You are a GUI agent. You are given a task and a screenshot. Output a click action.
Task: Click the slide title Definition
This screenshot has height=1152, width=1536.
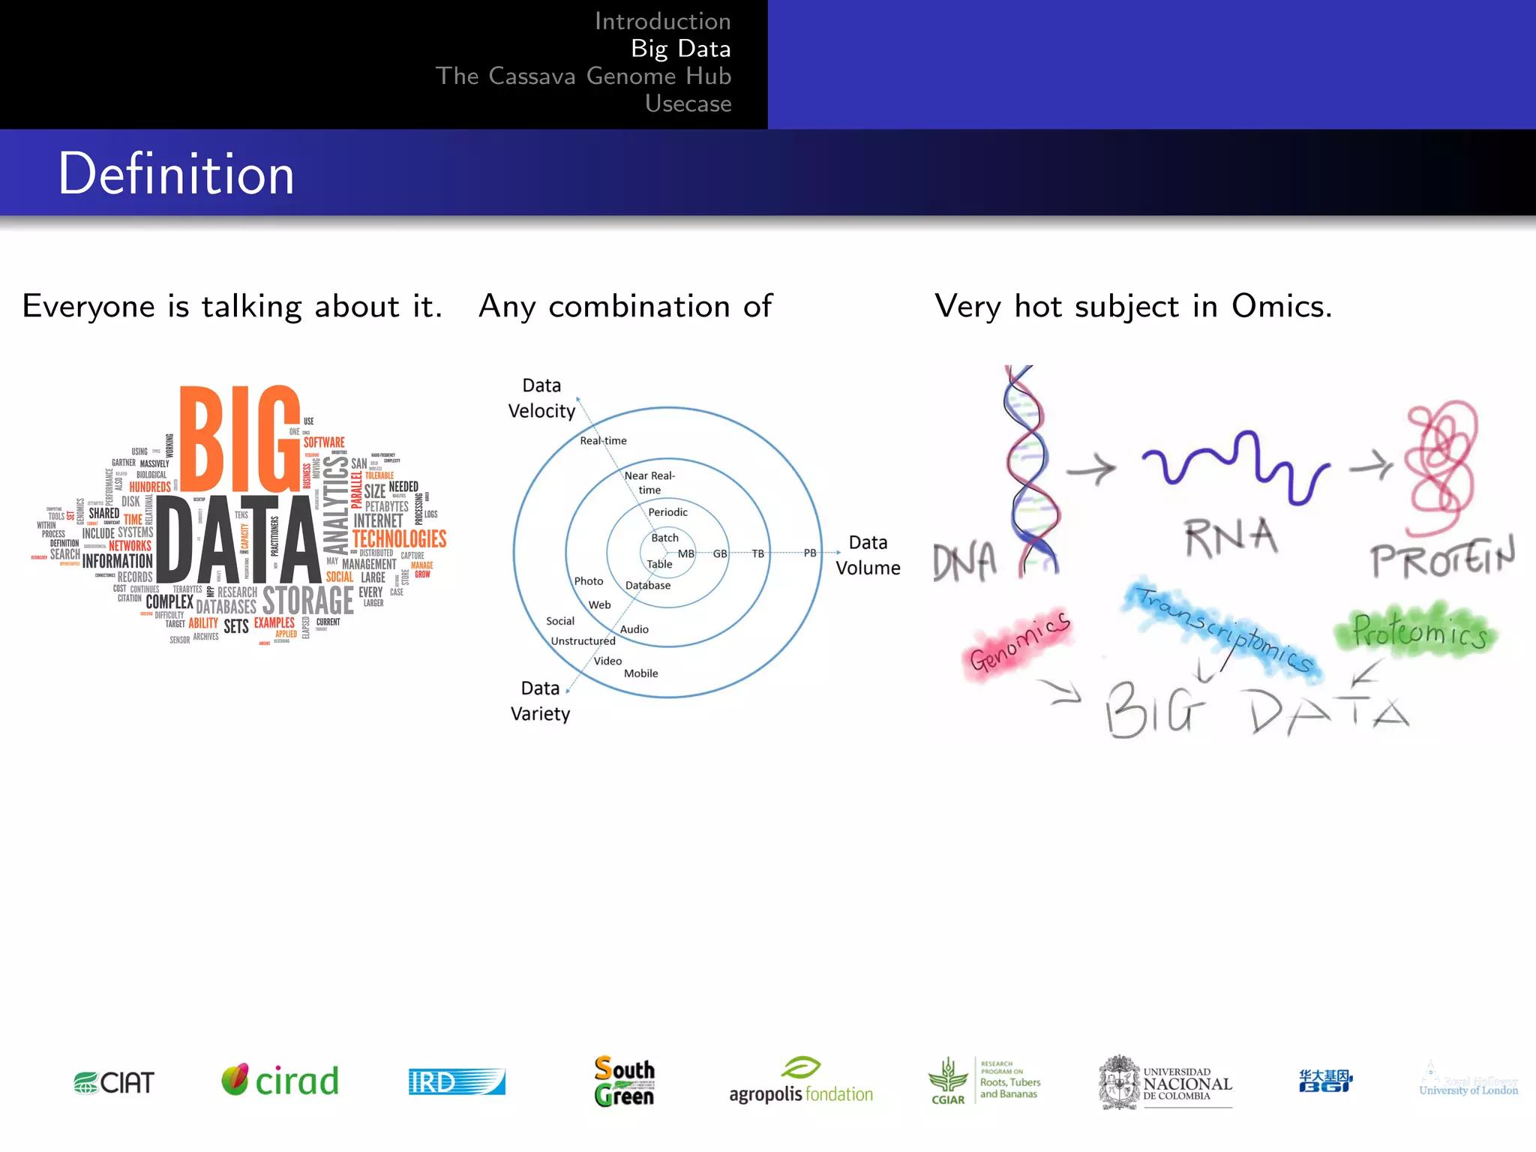176,174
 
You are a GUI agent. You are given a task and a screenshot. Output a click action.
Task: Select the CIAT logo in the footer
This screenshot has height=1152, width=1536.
114,1082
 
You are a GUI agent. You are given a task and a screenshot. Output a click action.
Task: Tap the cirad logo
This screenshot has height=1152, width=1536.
280,1081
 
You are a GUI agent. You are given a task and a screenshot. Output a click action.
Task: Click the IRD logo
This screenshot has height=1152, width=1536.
457,1081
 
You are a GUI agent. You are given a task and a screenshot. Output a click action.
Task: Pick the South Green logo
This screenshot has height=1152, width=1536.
624,1081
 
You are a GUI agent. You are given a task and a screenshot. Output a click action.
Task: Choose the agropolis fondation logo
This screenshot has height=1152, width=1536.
801,1082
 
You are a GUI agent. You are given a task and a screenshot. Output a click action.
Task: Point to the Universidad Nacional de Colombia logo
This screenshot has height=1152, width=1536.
1165,1082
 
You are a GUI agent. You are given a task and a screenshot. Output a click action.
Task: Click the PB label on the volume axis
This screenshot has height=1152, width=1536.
810,553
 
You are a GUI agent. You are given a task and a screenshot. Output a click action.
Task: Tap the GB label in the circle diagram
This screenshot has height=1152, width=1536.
720,553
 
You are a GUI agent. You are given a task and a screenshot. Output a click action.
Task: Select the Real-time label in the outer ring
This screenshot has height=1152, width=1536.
603,440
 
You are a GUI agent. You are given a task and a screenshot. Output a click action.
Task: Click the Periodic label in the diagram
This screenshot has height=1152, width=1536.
667,512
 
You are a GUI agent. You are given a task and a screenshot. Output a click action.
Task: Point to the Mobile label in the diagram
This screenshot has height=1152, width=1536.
640,673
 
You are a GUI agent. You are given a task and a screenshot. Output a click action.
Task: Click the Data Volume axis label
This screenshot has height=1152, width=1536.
868,555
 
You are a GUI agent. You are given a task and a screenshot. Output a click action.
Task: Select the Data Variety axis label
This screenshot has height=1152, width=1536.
540,700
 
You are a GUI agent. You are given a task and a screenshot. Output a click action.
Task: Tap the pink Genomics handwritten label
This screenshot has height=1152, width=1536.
1019,642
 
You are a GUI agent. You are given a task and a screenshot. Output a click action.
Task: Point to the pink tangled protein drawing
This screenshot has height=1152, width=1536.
1441,465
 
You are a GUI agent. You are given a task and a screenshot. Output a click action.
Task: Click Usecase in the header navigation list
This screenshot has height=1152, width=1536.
688,103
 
